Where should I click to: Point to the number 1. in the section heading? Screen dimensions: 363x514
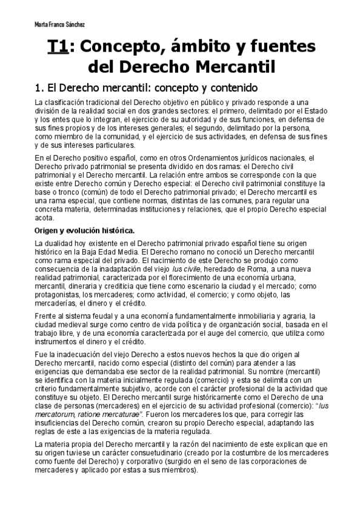(x=41, y=87)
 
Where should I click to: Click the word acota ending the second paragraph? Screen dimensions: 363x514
(x=45, y=219)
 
